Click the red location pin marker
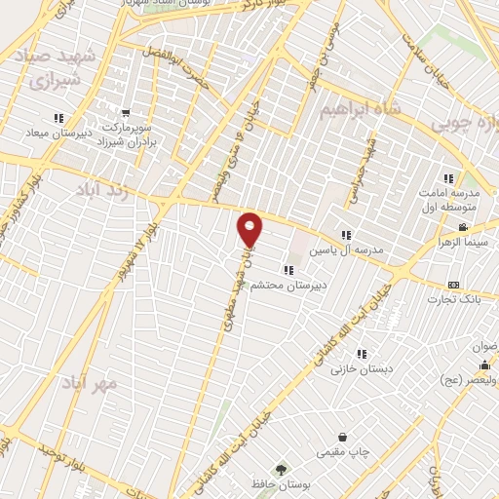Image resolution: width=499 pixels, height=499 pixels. (249, 229)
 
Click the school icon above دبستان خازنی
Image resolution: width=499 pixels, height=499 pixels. (362, 355)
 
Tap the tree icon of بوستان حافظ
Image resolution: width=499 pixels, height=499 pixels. (282, 470)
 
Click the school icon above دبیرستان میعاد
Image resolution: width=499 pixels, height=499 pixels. (57, 114)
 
